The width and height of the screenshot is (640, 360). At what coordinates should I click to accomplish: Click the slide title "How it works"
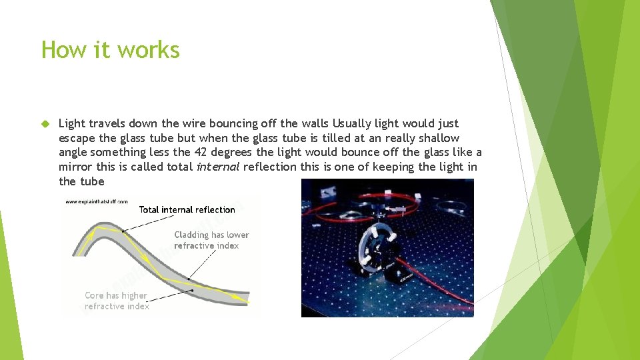111,50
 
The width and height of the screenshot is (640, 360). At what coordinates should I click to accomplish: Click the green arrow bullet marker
45,124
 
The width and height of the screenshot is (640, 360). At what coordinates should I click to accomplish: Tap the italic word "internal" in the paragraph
217,167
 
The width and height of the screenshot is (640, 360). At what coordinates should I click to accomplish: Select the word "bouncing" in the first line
235,123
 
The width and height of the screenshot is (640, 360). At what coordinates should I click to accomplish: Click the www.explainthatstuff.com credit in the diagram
96,201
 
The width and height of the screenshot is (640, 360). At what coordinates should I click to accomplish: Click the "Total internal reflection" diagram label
187,209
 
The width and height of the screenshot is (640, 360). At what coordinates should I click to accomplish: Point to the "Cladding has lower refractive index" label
211,240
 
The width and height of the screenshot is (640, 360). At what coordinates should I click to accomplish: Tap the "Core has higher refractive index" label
117,301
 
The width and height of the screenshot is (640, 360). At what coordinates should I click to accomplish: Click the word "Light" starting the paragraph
71,123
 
